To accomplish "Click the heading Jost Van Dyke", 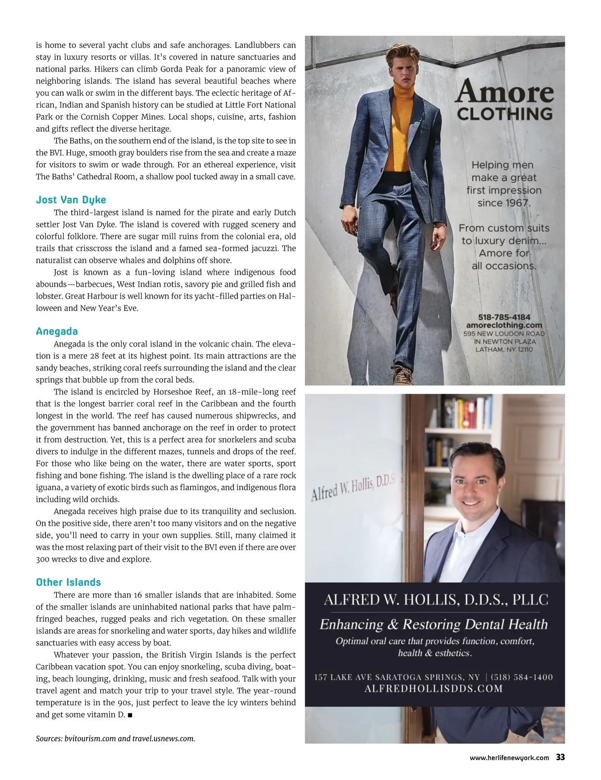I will click(x=71, y=200).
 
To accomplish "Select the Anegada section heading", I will click(x=57, y=331).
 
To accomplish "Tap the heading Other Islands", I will click(x=68, y=582).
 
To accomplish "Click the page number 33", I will click(x=560, y=757).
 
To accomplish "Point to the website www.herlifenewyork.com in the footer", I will click(x=509, y=758).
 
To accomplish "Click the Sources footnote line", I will click(x=115, y=738).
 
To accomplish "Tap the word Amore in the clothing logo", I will click(x=505, y=92).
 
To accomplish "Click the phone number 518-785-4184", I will click(x=504, y=317).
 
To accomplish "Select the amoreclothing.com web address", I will click(x=504, y=325).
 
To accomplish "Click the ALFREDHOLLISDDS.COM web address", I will click(x=434, y=688).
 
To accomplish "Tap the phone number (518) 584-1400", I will click(x=522, y=677).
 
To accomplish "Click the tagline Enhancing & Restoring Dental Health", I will click(x=434, y=624).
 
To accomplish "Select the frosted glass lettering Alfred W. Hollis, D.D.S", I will click(x=354, y=487).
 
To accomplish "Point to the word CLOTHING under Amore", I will click(x=505, y=114).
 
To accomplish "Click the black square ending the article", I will click(x=130, y=715).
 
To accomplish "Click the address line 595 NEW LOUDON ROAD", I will click(x=504, y=333).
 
